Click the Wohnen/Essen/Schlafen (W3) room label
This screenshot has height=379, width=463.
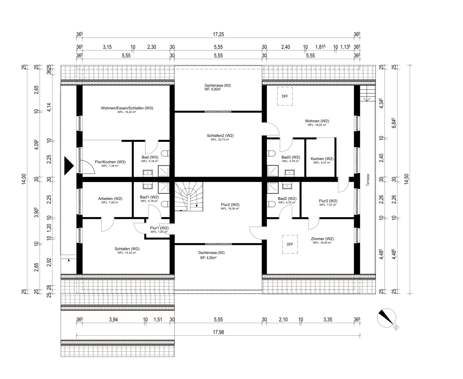127,108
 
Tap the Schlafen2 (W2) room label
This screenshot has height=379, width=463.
220,136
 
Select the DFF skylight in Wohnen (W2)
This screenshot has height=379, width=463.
285,96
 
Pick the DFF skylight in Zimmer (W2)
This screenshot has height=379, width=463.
290,244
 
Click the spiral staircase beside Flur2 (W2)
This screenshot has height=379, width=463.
189,196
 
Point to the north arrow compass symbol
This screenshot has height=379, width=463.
387,318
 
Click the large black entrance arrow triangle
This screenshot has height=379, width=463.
69,166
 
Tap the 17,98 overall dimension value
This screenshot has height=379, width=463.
218,332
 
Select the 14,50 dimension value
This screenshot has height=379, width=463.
407,179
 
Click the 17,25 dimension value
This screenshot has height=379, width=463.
218,34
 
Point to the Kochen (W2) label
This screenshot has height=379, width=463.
322,159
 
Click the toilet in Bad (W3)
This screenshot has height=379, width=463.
165,153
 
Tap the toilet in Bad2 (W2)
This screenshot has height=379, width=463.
271,204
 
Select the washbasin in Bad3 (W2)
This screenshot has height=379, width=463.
290,173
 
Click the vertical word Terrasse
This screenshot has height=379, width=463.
368,180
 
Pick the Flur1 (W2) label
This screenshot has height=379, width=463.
159,228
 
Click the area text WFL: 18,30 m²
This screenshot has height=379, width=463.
230,209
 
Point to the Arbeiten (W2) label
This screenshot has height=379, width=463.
110,199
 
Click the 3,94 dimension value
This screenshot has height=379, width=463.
113,320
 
